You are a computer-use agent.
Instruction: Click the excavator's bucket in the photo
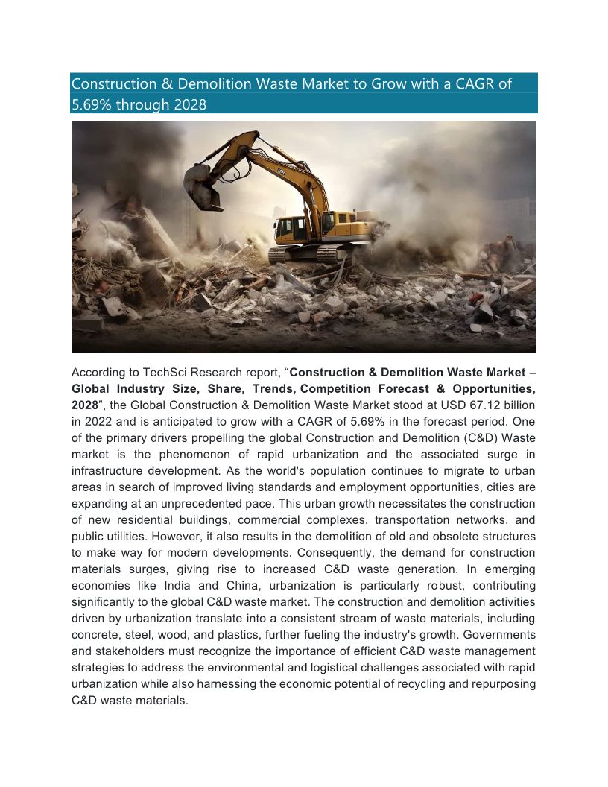coord(202,186)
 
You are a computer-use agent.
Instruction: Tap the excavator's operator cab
coord(291,228)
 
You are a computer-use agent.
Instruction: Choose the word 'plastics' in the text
coord(255,634)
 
